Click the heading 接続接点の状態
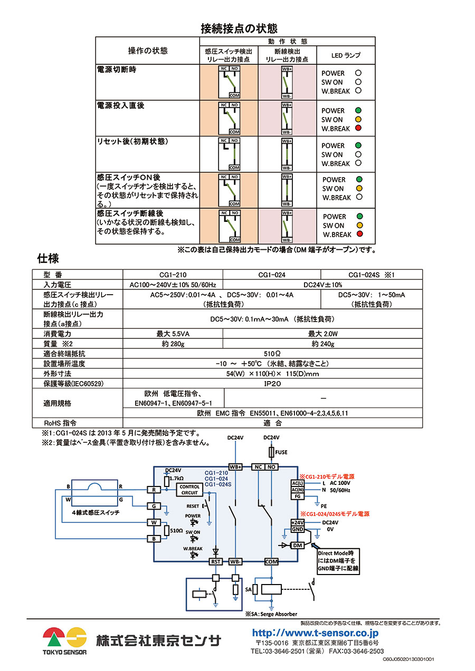click(239, 28)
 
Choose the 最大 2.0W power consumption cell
click(322, 334)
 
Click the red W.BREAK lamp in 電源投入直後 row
click(358, 129)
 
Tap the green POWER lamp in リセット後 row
click(358, 145)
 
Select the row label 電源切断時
click(117, 70)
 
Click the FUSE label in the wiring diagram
click(281, 452)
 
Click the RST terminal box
click(216, 562)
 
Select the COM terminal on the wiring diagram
click(271, 562)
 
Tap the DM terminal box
click(297, 545)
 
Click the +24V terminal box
click(298, 522)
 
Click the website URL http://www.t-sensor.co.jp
click(315, 633)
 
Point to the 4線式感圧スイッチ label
click(96, 512)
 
